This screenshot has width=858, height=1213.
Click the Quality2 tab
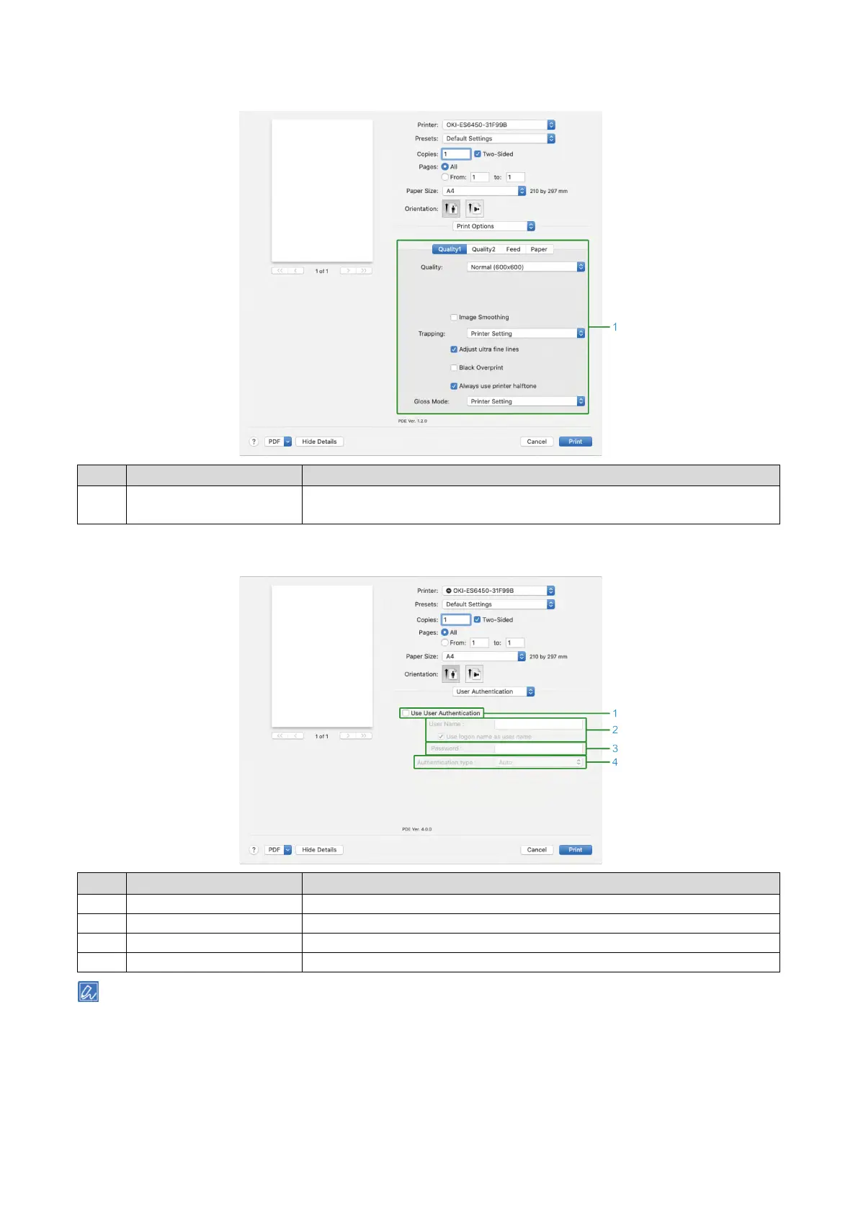pyautogui.click(x=483, y=249)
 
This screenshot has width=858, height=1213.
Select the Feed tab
pyautogui.click(x=513, y=249)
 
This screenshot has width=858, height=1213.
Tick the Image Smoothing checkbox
pyautogui.click(x=454, y=317)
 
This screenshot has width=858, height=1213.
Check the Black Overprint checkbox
pyautogui.click(x=454, y=367)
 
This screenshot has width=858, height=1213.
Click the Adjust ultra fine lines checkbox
pyautogui.click(x=454, y=349)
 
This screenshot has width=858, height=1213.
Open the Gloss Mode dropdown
pyautogui.click(x=526, y=401)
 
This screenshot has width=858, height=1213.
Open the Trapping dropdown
pyautogui.click(x=526, y=334)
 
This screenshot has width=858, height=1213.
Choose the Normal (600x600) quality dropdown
pyautogui.click(x=526, y=267)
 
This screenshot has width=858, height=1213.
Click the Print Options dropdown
pyautogui.click(x=494, y=226)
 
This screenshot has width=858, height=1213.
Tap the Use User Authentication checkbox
pyautogui.click(x=406, y=713)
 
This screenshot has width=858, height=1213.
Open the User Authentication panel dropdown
pyautogui.click(x=494, y=691)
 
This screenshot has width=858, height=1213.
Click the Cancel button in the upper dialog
pyautogui.click(x=537, y=442)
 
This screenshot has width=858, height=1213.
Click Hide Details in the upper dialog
pyautogui.click(x=319, y=442)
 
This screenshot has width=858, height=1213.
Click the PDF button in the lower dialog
pyautogui.click(x=278, y=850)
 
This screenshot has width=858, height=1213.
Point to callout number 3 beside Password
pyautogui.click(x=615, y=748)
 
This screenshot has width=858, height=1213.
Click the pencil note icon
pyautogui.click(x=88, y=992)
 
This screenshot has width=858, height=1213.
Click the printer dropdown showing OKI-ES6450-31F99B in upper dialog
pyautogui.click(x=499, y=125)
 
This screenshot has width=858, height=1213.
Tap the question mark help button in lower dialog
pyautogui.click(x=254, y=850)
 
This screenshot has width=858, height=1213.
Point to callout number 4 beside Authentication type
pyautogui.click(x=615, y=762)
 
